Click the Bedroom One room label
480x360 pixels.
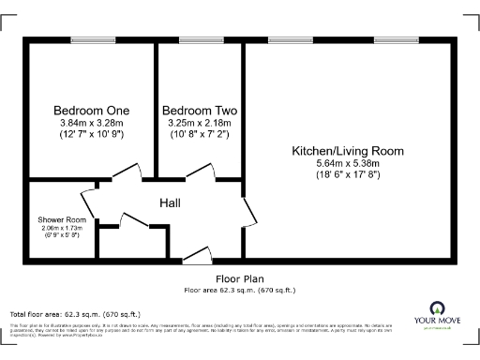(92, 110)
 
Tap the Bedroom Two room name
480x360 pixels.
(199, 110)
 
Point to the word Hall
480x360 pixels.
(170, 203)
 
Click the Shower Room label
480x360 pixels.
(62, 219)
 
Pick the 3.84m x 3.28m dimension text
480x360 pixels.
(92, 123)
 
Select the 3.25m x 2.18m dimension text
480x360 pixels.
(199, 123)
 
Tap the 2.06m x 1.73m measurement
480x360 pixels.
(62, 228)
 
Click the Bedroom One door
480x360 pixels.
(126, 173)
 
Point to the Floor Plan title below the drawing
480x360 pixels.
(239, 278)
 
